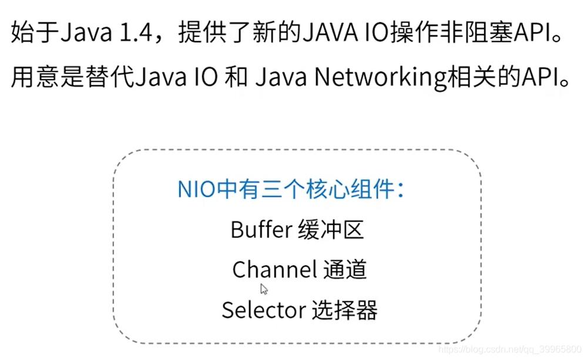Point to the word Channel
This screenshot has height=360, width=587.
(274, 270)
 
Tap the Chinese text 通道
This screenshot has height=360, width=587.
(345, 270)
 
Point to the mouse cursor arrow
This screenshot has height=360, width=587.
(264, 289)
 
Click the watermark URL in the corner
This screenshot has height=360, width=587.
(510, 350)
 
